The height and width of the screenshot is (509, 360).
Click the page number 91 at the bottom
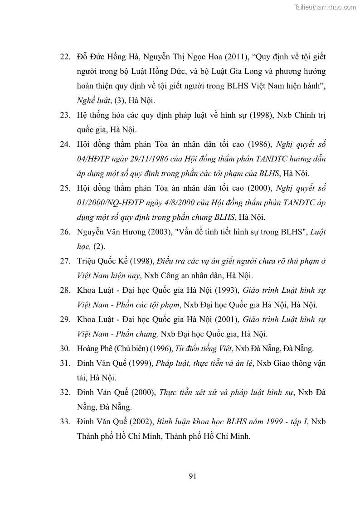[x=192, y=476]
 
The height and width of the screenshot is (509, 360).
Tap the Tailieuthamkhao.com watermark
[x=325, y=7]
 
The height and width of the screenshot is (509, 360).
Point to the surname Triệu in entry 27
[x=86, y=262]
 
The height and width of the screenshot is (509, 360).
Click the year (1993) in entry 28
[x=226, y=291]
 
